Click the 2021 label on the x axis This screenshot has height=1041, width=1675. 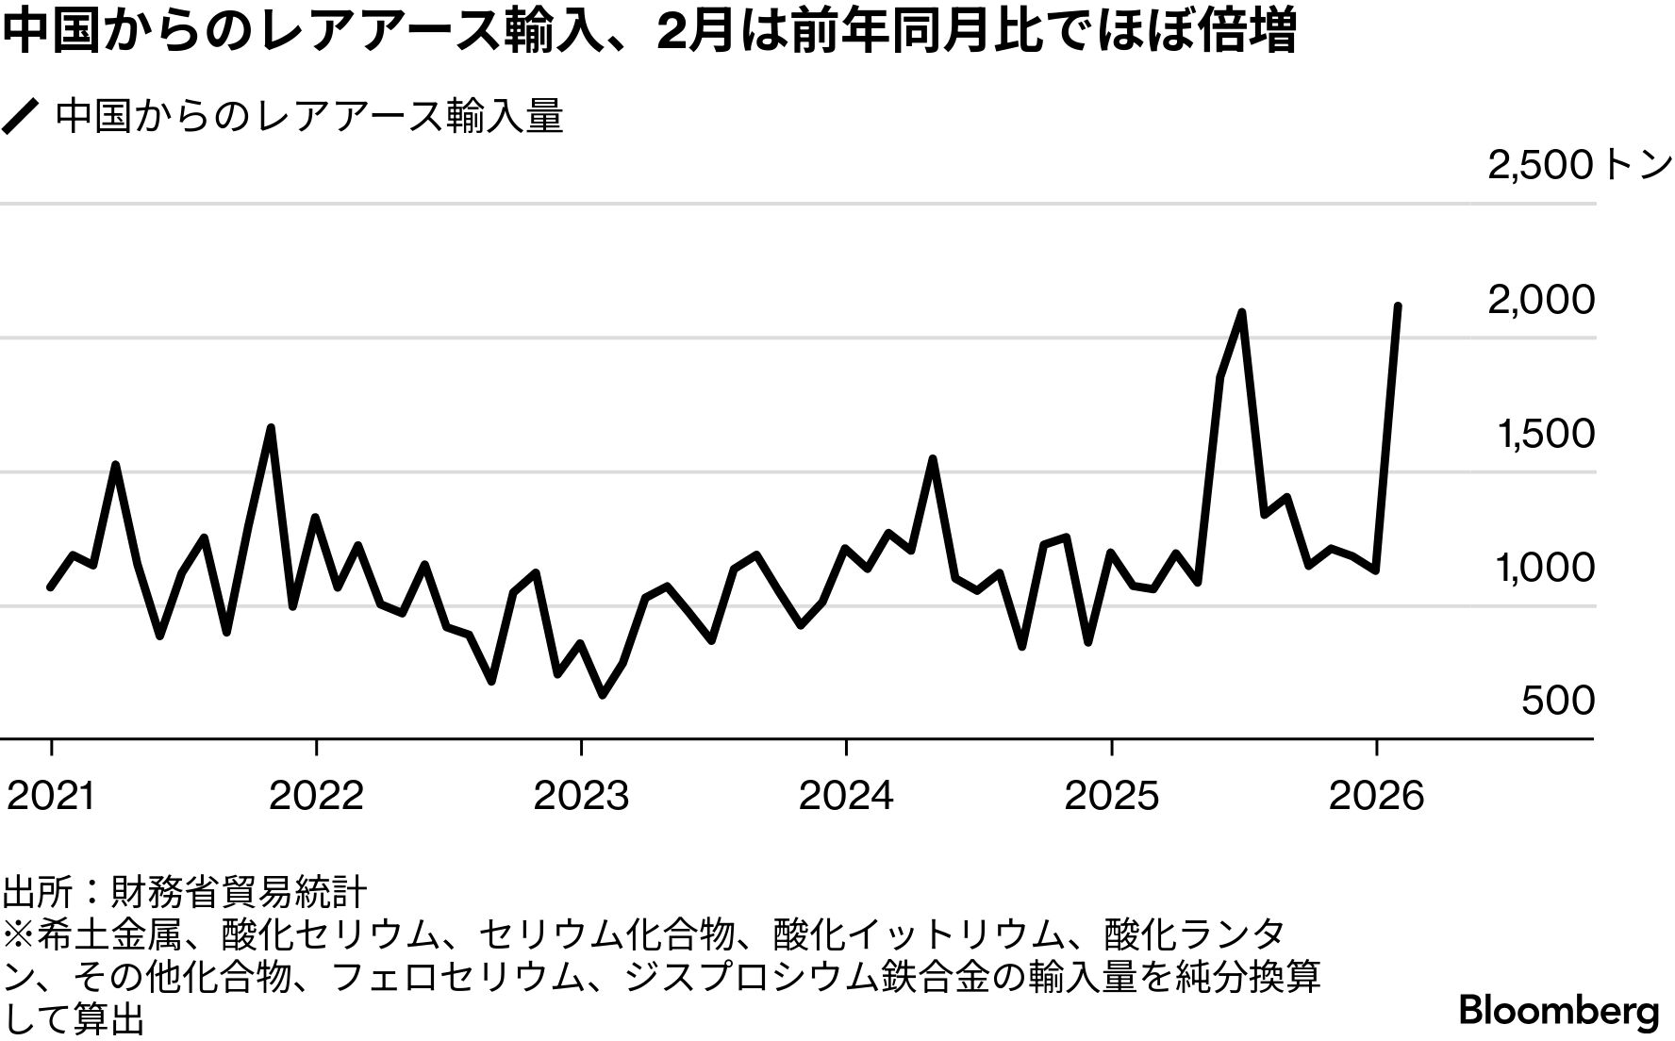[x=51, y=797]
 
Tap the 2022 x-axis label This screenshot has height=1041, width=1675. [x=316, y=797]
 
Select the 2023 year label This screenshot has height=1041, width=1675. [x=581, y=797]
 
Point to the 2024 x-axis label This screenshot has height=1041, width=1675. [x=846, y=797]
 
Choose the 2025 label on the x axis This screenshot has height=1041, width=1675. [x=1111, y=797]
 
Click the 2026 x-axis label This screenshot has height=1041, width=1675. [x=1376, y=797]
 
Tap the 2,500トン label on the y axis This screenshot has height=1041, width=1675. [x=1579, y=166]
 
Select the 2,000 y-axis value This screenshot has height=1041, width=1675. [x=1541, y=300]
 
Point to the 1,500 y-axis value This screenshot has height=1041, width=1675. [x=1545, y=434]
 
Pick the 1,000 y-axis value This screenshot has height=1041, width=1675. [x=1545, y=568]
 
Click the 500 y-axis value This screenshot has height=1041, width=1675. [x=1558, y=701]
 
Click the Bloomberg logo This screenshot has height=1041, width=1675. [x=1559, y=1011]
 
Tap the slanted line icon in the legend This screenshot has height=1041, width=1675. [x=21, y=117]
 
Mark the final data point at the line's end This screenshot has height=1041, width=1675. [x=1398, y=306]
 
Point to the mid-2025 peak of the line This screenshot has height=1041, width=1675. [x=1242, y=312]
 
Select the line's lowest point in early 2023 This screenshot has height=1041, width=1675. [x=603, y=695]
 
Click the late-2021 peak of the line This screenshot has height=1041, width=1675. [x=271, y=427]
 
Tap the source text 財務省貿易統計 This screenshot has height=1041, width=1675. [x=239, y=891]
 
